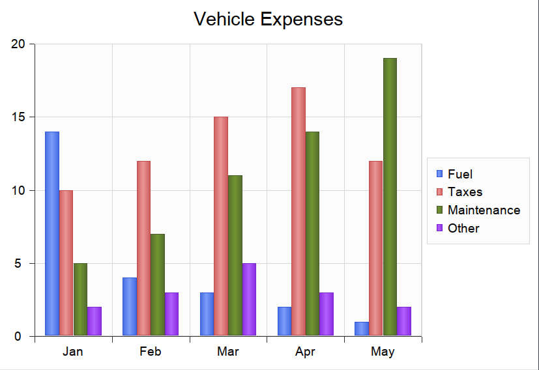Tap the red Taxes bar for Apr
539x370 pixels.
(x=299, y=212)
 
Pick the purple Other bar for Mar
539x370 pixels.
(x=249, y=300)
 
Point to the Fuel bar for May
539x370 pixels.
(x=362, y=329)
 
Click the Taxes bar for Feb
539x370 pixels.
(x=143, y=248)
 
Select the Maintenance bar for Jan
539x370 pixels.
(x=80, y=300)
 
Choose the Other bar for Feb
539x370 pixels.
(x=171, y=314)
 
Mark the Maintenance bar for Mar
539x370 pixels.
(x=235, y=255)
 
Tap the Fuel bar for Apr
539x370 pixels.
(x=284, y=321)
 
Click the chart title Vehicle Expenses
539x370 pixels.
(x=269, y=19)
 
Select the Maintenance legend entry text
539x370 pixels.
(x=484, y=210)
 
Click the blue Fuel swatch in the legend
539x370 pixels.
(x=439, y=174)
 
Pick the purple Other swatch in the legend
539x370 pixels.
(x=439, y=228)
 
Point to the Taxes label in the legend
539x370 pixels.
(x=465, y=192)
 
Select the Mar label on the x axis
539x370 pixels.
(x=228, y=352)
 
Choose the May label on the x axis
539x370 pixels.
(x=383, y=352)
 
